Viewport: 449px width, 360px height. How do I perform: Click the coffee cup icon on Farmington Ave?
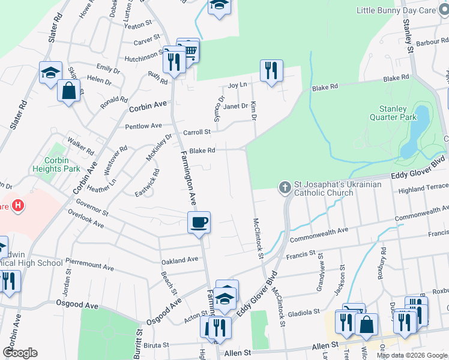[x=199, y=222]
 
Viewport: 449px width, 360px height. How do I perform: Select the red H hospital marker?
[x=19, y=205]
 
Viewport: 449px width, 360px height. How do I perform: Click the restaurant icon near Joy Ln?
[x=271, y=71]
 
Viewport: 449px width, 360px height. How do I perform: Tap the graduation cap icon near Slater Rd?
[x=50, y=73]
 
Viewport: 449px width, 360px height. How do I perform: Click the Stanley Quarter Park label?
[x=397, y=113]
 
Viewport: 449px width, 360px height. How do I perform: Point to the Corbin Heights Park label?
[x=61, y=164]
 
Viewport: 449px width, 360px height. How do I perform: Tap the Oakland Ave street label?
[x=179, y=260]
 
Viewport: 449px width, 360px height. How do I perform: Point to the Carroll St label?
[x=197, y=132]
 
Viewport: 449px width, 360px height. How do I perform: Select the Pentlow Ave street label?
[x=143, y=126]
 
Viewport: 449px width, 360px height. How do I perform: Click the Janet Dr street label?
[x=235, y=106]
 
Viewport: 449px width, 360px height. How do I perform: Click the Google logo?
[x=20, y=353]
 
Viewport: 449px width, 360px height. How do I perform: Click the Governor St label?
[x=92, y=212]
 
